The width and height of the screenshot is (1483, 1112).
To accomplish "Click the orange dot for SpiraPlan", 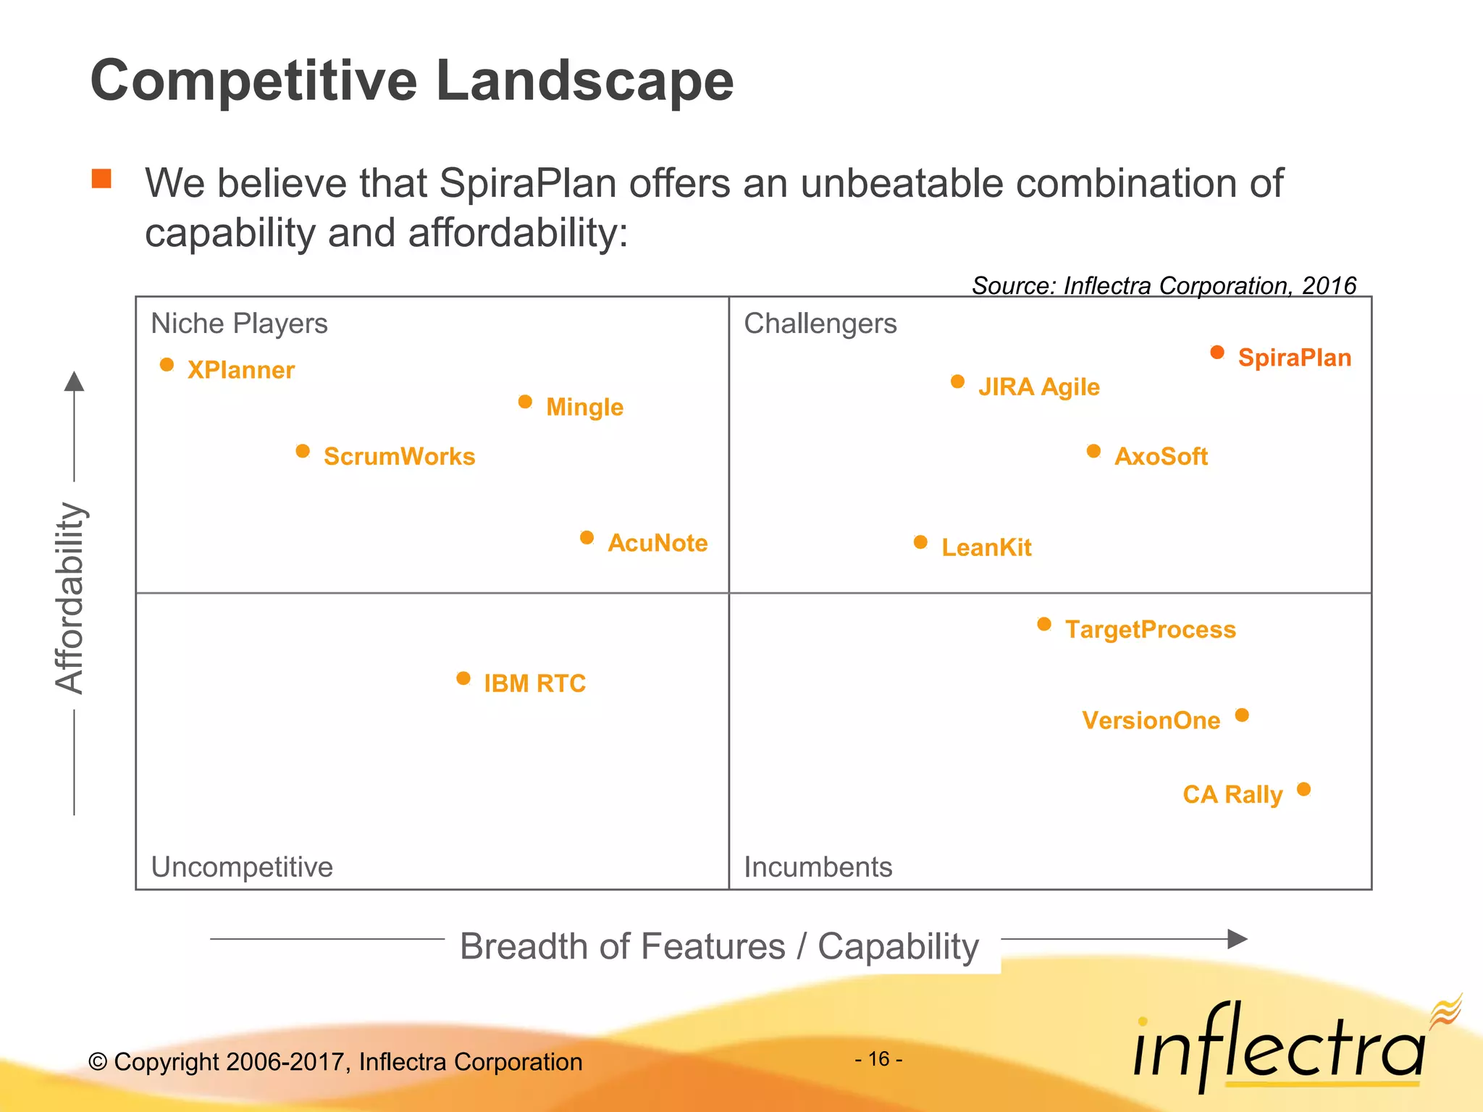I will (1217, 353).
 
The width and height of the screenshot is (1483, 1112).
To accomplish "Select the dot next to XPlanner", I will (167, 364).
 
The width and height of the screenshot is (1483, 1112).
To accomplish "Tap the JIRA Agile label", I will (1038, 387).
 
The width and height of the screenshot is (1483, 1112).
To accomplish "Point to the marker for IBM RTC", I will (463, 678).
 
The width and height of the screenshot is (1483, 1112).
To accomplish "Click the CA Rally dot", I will (1303, 789).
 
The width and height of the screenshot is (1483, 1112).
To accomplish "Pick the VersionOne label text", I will (1151, 720).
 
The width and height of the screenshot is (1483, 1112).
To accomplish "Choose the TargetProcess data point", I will (1044, 624).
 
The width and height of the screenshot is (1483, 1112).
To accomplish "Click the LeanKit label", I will (986, 547).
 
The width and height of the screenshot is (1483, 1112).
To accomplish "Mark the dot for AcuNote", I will (587, 538).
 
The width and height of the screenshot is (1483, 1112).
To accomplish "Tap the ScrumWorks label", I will (399, 456).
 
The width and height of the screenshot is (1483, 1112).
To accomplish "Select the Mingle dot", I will (526, 402).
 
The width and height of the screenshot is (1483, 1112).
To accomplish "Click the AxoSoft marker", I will (1093, 452).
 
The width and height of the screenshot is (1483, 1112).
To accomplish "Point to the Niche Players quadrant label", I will (239, 324).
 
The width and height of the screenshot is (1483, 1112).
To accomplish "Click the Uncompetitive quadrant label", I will (242, 867).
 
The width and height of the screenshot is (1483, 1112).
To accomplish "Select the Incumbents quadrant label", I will (818, 867).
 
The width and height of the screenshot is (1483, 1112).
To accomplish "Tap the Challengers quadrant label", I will (820, 324).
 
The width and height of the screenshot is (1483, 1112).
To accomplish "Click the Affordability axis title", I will (70, 598).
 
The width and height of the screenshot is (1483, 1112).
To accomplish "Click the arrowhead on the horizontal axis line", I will (1238, 939).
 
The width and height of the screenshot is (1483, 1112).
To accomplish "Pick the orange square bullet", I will (101, 178).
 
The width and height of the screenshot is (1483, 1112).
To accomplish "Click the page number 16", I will (878, 1059).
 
